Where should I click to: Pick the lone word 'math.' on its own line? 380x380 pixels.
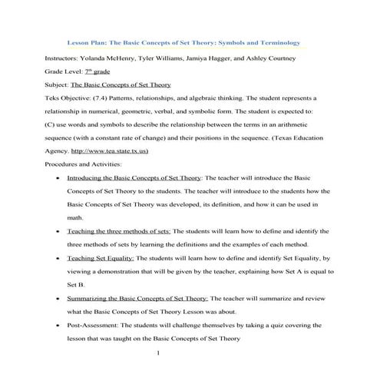pyautogui.click(x=75, y=217)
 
